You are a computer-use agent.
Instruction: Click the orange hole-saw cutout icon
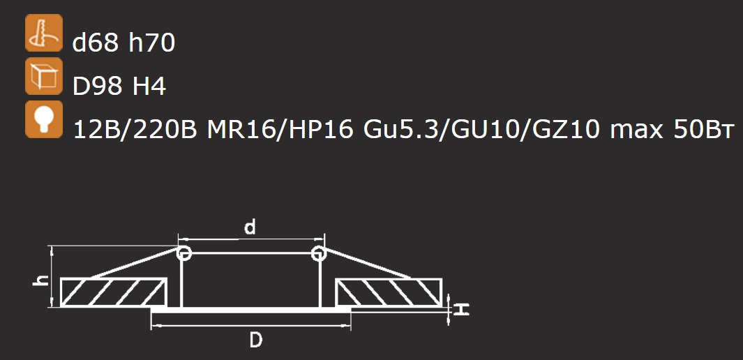click(43, 33)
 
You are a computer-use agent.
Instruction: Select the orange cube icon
click(43, 76)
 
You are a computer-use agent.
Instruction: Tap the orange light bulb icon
click(43, 119)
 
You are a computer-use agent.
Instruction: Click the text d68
click(96, 43)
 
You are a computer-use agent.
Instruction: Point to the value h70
click(151, 43)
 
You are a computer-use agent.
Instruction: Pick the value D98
click(98, 87)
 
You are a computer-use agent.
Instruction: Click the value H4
click(149, 87)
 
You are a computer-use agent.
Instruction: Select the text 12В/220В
click(135, 130)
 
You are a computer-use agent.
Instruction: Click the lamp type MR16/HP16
click(280, 130)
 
